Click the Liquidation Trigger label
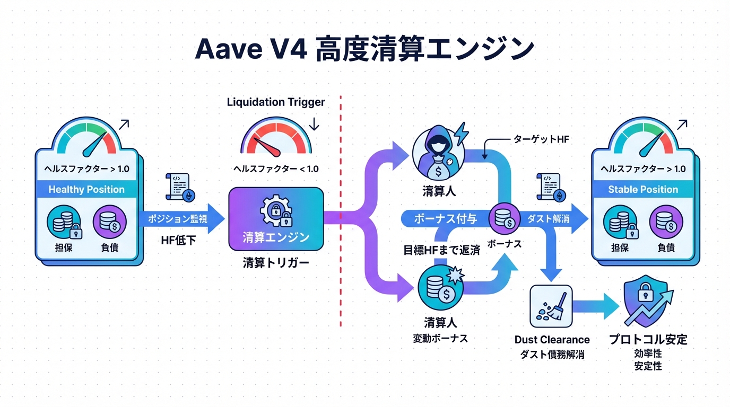(276, 101)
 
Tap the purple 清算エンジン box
(276, 218)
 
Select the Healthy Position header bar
(86, 190)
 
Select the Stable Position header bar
(643, 190)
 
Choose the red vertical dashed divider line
(340, 212)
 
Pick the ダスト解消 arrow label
(548, 218)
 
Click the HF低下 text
(178, 240)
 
